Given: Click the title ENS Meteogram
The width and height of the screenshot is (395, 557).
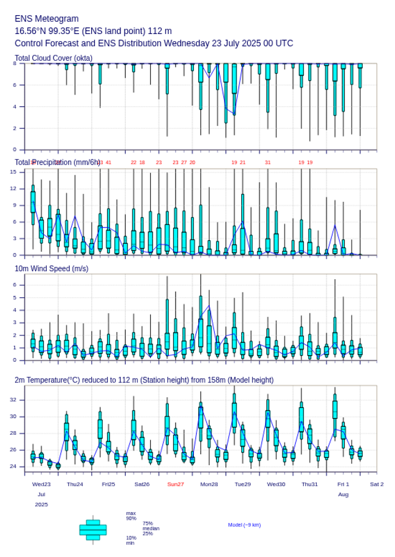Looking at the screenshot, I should (47, 19).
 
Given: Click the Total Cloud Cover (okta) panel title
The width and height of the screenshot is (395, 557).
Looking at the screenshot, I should (53, 58).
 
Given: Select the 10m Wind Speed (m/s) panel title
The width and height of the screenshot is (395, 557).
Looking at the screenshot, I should (51, 269).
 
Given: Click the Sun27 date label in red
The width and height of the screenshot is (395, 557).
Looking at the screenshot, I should (176, 484).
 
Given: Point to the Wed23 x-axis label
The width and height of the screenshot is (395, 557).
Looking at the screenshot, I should (41, 484).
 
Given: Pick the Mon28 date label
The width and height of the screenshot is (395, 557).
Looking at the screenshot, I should (209, 484).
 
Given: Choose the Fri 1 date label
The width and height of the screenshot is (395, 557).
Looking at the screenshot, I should (343, 484).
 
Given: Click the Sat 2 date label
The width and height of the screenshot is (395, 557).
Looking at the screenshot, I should (377, 484).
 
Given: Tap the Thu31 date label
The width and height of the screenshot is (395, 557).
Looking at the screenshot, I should (310, 484).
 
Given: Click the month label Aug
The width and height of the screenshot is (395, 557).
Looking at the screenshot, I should (343, 495).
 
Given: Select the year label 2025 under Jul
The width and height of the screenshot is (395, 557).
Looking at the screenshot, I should (41, 505).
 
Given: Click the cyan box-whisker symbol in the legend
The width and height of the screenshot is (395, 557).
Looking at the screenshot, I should (93, 530).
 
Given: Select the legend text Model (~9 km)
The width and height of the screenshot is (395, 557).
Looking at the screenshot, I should (244, 525).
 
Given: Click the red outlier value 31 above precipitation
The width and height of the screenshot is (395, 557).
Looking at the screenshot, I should (267, 162).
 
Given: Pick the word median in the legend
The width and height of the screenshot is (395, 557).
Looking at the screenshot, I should (151, 528).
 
